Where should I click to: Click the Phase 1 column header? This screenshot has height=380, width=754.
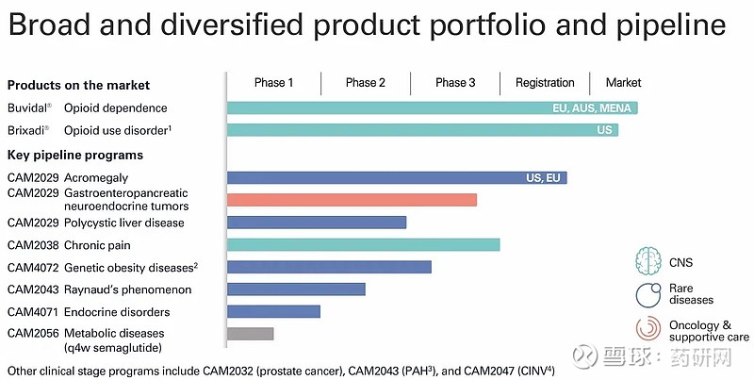click(273, 83)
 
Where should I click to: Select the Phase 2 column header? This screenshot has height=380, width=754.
click(365, 83)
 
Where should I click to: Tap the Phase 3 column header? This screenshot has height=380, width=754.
click(455, 83)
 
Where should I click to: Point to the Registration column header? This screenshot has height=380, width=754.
click(545, 83)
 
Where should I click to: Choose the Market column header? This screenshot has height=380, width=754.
click(623, 83)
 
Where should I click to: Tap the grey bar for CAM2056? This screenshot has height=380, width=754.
click(251, 334)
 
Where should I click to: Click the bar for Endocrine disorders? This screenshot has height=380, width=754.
click(273, 311)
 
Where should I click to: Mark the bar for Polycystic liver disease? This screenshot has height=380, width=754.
click(317, 223)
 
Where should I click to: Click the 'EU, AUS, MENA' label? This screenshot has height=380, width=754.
click(593, 108)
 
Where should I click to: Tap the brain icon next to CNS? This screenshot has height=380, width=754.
click(648, 261)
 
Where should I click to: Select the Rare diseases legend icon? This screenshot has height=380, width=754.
click(648, 295)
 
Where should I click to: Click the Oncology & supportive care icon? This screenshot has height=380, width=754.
click(648, 330)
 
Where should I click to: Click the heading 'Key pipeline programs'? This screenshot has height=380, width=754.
click(75, 155)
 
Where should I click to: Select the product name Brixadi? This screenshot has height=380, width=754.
click(28, 129)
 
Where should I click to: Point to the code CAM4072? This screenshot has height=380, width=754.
click(33, 267)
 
